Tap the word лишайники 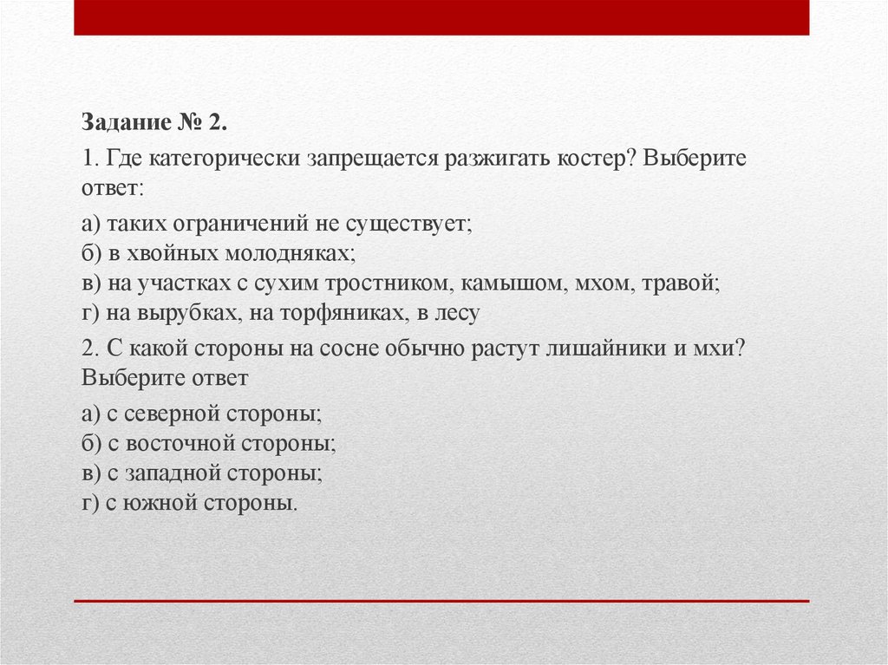coord(607,349)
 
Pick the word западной coord(173,473)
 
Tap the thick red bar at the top coord(441,17)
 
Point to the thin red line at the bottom coord(441,600)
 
